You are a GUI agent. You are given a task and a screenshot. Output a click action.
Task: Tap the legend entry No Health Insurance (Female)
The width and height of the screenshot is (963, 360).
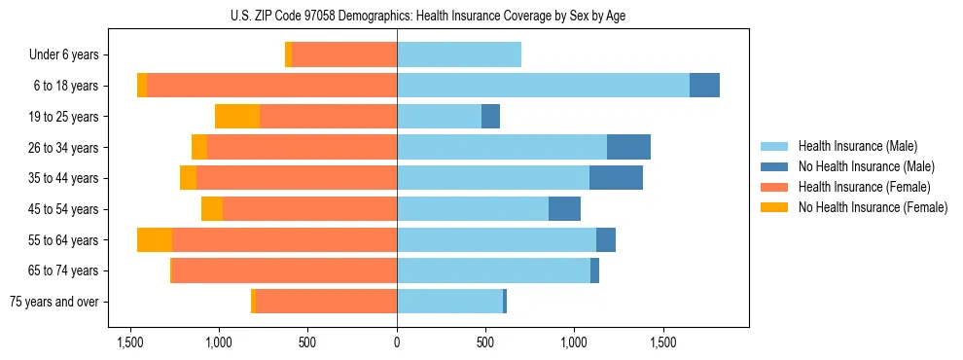pos(872,207)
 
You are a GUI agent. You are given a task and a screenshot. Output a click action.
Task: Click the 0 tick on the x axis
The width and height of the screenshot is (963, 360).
pos(397,343)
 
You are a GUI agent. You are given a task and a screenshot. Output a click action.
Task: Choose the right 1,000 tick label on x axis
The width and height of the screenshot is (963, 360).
pos(574,343)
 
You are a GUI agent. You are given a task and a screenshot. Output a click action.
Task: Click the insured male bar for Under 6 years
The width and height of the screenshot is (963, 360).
pos(459,55)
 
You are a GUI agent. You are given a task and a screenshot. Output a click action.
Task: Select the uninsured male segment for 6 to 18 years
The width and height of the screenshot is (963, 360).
pos(704,86)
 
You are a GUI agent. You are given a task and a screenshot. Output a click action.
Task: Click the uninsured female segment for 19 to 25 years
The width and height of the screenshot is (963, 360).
pos(237,117)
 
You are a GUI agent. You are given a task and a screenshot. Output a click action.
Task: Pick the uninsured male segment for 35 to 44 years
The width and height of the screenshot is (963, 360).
pos(616,178)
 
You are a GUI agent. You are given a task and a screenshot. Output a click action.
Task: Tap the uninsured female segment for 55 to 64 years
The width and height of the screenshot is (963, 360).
pos(155,240)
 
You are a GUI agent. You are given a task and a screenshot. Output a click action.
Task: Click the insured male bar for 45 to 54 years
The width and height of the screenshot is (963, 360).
pos(473,209)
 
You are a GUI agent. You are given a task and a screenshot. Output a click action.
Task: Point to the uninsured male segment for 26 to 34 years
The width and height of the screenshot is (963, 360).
pos(628,148)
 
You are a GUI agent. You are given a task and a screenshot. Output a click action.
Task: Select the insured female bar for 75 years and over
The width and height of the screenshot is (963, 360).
pos(326,302)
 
